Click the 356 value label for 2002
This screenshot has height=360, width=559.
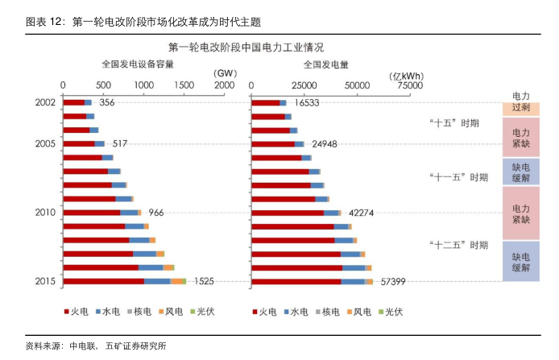107,102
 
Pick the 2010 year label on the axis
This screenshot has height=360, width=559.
46,213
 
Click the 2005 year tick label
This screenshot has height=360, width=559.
46,143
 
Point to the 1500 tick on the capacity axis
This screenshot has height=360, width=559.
183,85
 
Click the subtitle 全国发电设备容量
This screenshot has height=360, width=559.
137,64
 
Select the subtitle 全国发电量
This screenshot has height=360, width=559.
326,64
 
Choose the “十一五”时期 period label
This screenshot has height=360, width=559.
457,176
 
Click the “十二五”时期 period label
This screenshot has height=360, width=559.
457,245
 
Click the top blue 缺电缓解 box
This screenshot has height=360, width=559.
520,170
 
